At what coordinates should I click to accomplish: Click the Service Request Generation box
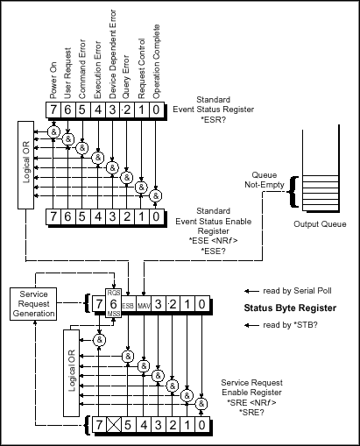click(x=33, y=304)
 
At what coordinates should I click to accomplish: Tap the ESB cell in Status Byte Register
click(x=128, y=304)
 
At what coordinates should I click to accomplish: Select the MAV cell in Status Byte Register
click(x=144, y=304)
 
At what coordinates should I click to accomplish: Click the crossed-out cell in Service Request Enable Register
click(x=114, y=425)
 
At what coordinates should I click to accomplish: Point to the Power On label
click(x=53, y=81)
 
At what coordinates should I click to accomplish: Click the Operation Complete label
click(x=156, y=61)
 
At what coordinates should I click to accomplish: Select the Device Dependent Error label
click(x=112, y=54)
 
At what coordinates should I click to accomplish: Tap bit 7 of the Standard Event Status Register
click(x=53, y=110)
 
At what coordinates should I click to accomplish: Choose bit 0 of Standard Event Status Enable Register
click(x=157, y=216)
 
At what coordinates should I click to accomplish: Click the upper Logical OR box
click(x=25, y=165)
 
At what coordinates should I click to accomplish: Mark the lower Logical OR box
click(x=71, y=373)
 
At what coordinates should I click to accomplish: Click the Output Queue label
click(x=320, y=224)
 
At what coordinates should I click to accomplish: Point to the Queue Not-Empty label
click(x=265, y=180)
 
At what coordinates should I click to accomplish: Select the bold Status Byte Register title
click(x=290, y=308)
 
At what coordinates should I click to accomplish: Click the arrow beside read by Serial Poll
click(x=251, y=291)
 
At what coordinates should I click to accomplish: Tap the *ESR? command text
click(x=214, y=119)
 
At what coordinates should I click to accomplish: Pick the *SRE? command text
click(x=251, y=412)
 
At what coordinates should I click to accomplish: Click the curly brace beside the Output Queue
click(x=293, y=192)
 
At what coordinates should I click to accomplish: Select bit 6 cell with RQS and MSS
click(x=114, y=304)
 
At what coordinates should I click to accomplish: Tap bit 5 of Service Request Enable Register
click(x=128, y=425)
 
